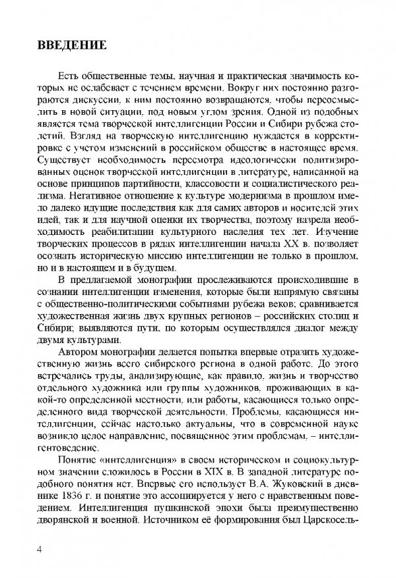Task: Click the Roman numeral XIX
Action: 272,458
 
